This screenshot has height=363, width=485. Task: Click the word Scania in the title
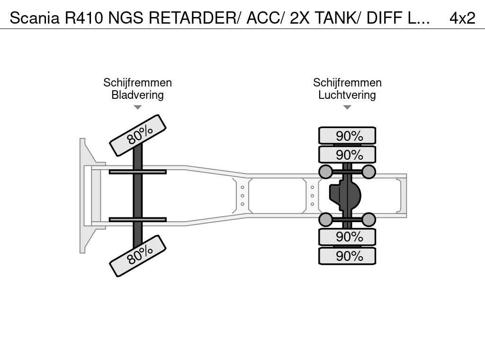[34, 18]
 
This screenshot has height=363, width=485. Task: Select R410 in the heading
[84, 18]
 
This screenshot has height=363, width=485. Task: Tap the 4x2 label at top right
[462, 18]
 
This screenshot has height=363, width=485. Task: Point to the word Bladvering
[137, 95]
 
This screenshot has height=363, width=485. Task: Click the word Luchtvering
[347, 95]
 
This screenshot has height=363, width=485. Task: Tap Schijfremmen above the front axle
[137, 82]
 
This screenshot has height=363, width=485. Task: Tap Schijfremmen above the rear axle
[347, 82]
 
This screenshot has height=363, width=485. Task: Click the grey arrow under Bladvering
[138, 107]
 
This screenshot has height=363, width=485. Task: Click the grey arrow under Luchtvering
[347, 107]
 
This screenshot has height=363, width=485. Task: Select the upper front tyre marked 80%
[138, 135]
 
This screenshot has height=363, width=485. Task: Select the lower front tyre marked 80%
[138, 256]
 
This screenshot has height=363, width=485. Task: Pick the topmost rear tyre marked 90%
[347, 136]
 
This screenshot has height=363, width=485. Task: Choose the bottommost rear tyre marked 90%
[347, 256]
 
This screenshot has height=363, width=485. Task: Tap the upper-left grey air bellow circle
[325, 172]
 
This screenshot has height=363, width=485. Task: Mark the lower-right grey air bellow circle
[368, 219]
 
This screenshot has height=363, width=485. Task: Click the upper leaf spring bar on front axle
[138, 172]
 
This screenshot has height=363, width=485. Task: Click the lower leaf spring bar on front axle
[138, 219]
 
